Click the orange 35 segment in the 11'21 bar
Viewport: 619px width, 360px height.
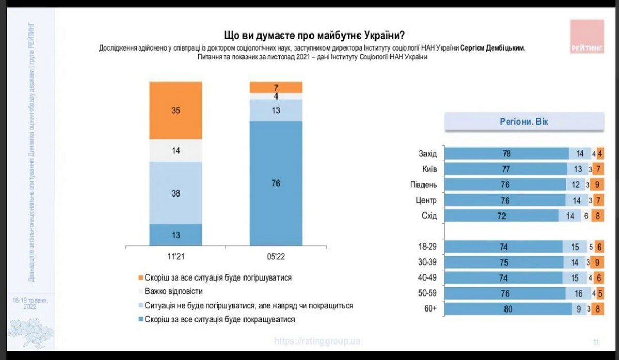[x=175, y=110]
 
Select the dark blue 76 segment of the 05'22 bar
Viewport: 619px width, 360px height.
[x=276, y=184]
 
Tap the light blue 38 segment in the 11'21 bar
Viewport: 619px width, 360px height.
[x=175, y=193]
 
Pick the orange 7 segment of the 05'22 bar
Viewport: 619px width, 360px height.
[x=276, y=87]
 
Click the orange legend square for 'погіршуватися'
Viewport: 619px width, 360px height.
[x=140, y=277]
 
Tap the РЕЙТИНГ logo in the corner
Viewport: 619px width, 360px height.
[x=587, y=37]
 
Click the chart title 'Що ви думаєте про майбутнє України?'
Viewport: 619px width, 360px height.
[x=314, y=36]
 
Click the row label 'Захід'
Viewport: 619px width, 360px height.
[x=428, y=154]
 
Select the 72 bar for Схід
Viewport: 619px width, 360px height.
[x=501, y=216]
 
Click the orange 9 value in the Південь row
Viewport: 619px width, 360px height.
[x=598, y=185]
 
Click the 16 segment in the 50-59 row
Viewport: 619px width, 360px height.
[x=579, y=293]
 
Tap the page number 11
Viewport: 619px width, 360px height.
[x=596, y=342]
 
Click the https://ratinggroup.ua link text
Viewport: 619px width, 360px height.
[x=317, y=341]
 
